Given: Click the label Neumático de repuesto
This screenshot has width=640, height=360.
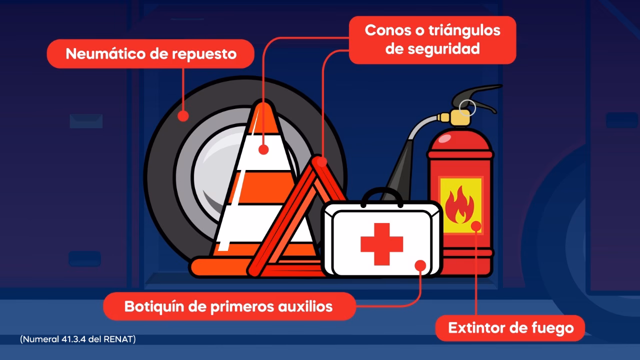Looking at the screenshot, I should click(150, 53).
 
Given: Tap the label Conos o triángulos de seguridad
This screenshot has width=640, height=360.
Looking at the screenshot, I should click(432, 39).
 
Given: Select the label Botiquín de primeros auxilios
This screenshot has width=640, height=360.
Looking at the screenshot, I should click(228, 306).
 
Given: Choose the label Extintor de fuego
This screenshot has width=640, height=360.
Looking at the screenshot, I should click(510, 328).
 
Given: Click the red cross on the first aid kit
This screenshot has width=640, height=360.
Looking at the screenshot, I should click(381, 244).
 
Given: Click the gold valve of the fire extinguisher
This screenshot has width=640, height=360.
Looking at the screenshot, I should click(459, 118).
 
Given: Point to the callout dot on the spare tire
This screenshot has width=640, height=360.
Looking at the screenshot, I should click(183, 116).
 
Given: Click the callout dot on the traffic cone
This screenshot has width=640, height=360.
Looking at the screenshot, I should click(264, 149).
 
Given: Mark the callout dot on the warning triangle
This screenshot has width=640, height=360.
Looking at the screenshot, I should click(321, 161).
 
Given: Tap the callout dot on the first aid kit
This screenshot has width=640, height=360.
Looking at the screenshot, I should click(420, 265).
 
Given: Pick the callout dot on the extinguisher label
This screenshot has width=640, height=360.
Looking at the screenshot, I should click(476, 226).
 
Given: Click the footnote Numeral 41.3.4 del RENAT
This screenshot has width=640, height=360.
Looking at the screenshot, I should click(78, 339).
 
